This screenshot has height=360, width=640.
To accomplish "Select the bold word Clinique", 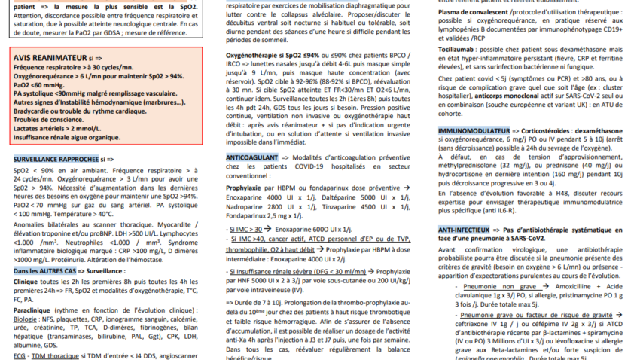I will (27, 279).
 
